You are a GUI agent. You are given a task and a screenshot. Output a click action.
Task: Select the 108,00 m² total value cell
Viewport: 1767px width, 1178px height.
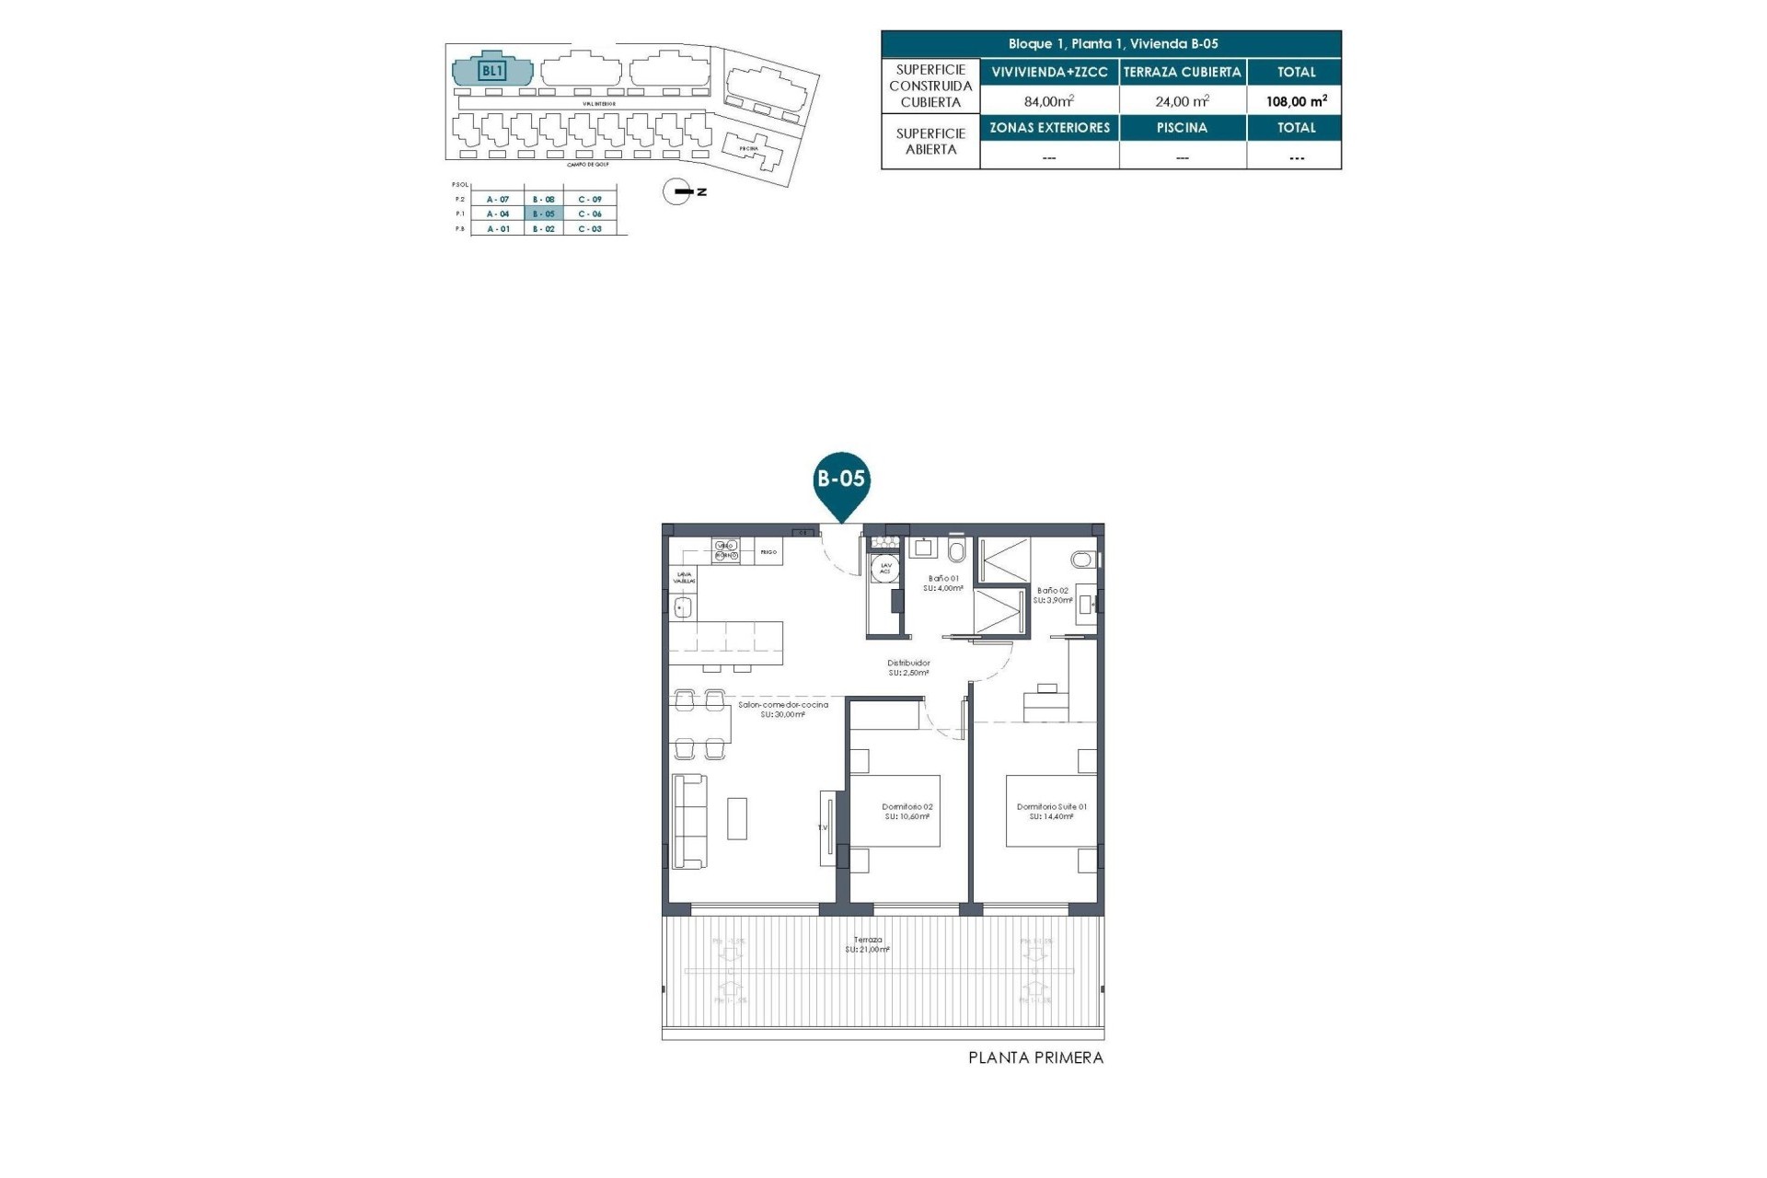pos(1296,101)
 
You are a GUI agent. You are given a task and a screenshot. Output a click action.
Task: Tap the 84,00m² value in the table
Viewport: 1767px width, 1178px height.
pos(1048,101)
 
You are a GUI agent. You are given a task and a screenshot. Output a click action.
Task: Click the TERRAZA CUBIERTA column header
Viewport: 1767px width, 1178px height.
pos(1182,72)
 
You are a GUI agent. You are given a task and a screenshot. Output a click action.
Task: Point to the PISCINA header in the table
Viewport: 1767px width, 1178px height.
pos(1182,128)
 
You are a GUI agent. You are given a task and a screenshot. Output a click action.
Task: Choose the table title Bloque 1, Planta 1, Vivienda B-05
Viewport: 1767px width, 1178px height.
pos(1112,44)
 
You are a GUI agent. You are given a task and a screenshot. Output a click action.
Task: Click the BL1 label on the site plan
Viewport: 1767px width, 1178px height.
pos(492,71)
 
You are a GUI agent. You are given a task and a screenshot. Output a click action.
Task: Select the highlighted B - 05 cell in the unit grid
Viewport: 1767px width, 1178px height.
pos(544,214)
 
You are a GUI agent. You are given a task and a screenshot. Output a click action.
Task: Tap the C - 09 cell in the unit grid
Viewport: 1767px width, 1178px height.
pos(590,199)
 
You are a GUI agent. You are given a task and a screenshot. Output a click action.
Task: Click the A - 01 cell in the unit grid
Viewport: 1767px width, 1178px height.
pos(498,228)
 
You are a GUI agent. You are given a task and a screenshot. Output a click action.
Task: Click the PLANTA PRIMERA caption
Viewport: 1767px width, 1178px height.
pos(1035,1058)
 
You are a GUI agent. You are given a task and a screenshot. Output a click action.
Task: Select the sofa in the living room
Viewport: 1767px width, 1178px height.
pos(689,821)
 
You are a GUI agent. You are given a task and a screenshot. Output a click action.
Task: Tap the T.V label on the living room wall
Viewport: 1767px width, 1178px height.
pos(823,827)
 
